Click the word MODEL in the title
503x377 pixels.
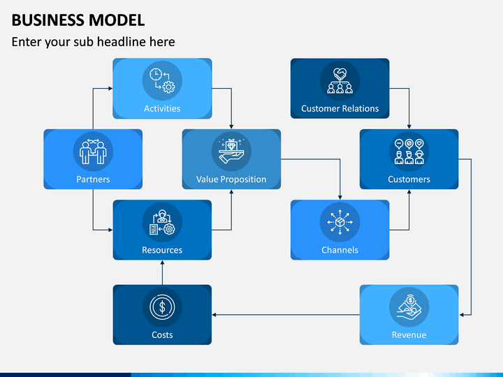117,20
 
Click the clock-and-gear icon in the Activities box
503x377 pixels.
162,81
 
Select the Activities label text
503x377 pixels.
162,109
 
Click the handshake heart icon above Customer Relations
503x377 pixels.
340,81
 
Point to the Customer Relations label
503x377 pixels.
340,109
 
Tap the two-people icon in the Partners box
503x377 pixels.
93,151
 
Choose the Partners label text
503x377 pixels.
93,179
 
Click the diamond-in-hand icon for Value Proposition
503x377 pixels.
231,151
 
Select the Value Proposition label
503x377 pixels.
231,179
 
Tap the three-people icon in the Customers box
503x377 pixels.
409,151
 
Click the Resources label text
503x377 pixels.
162,250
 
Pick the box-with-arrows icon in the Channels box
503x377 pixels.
340,222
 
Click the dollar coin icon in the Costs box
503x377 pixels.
162,307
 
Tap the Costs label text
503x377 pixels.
162,335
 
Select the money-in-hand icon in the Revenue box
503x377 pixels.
409,307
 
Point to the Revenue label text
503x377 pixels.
409,335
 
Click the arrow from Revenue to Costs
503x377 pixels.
286,315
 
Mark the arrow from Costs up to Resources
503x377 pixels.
162,272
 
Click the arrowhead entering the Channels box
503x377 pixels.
340,198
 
